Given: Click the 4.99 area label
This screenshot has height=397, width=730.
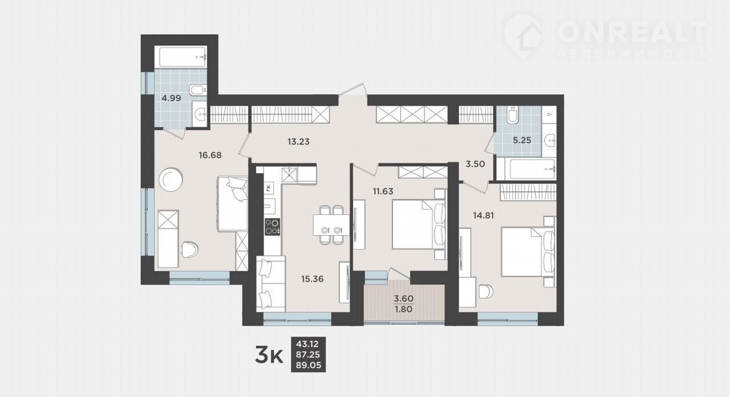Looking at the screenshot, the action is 172,98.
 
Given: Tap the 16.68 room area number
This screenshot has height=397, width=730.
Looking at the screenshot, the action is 210,155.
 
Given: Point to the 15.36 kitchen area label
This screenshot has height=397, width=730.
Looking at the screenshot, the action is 313,279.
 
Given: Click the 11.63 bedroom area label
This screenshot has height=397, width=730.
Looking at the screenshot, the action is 383,191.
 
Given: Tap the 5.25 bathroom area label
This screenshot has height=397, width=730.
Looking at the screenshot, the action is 522,140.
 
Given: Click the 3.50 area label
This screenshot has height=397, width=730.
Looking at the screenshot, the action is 475,164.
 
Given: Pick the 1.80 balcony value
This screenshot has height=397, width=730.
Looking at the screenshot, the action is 404,309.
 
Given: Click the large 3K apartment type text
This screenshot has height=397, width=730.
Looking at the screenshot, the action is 269,355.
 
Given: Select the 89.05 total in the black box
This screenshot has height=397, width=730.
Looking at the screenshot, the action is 309,366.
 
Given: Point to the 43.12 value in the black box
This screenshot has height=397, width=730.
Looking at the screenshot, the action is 307,343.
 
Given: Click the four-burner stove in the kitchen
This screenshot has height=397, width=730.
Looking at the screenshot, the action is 273,227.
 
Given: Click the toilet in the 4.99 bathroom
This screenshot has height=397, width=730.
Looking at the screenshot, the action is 197,89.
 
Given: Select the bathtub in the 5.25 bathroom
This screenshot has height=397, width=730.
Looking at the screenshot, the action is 533,169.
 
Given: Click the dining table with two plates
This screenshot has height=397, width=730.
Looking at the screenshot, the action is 331,224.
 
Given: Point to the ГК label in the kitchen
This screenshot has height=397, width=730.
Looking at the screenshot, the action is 268,188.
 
